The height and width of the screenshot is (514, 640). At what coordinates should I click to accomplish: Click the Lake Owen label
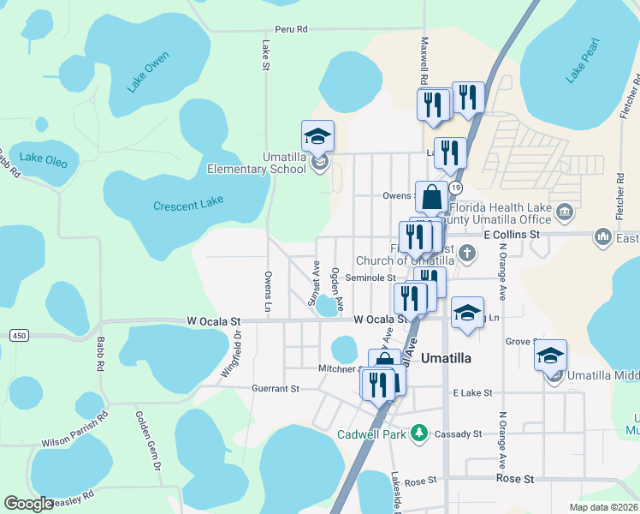(148, 72)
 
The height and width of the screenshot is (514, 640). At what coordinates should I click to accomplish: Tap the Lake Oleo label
(43, 158)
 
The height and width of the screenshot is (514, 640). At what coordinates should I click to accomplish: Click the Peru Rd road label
(291, 29)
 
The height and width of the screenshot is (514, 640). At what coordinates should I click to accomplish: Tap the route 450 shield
(19, 335)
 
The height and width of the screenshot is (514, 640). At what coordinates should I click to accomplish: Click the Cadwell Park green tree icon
(419, 434)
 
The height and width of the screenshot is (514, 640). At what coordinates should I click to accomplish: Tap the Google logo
(29, 504)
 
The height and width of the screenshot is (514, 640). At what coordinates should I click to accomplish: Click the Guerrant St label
(275, 388)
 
